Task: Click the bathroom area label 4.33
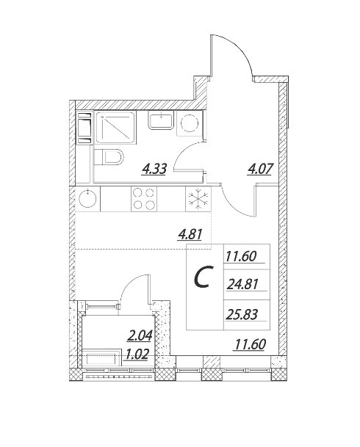[x=154, y=169]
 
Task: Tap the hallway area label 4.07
[x=259, y=169]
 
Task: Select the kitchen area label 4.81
[x=190, y=235]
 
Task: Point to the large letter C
[x=204, y=277]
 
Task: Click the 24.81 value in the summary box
[x=242, y=284]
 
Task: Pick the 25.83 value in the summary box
[x=242, y=315]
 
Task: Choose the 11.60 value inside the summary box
[x=241, y=256]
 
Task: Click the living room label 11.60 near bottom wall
[x=250, y=344]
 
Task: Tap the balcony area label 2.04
[x=139, y=335]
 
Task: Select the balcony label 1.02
[x=136, y=355]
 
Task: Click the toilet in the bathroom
[x=109, y=157]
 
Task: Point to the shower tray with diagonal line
[x=115, y=128]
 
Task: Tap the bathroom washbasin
[x=161, y=120]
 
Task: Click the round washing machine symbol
[x=190, y=123]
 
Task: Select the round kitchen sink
[x=88, y=199]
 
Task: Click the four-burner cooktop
[x=144, y=199]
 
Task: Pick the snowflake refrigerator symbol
[x=198, y=199]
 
